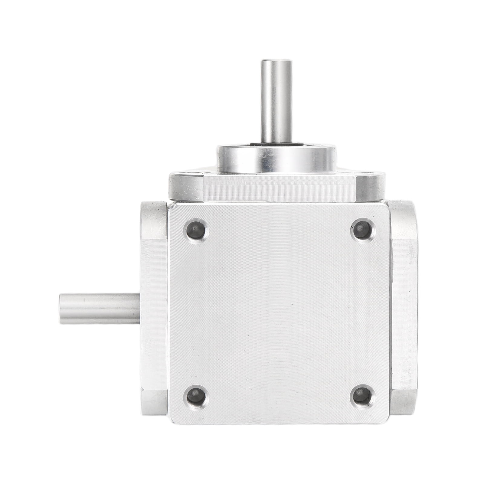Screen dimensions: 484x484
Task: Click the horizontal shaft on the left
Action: click(x=100, y=309)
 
